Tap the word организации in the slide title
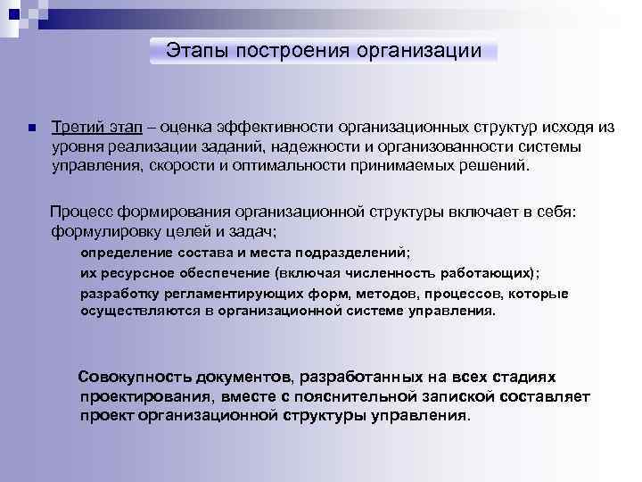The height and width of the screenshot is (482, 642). pyautogui.click(x=419, y=51)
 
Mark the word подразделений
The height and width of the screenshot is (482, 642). pyautogui.click(x=353, y=253)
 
